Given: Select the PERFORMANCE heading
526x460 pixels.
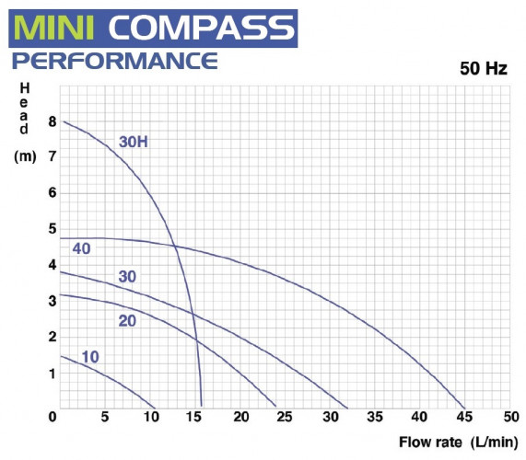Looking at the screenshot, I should (x=114, y=63).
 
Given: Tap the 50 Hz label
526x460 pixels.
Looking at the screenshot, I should (x=482, y=69).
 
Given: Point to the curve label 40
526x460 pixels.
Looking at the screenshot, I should (x=81, y=250).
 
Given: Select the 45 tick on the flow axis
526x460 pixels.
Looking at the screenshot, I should (x=465, y=419).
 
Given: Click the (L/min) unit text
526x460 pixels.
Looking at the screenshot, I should (x=494, y=443).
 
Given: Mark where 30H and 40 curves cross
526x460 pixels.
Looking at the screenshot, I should (x=174, y=245).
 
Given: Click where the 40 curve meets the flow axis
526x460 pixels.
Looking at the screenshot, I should (x=466, y=407).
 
